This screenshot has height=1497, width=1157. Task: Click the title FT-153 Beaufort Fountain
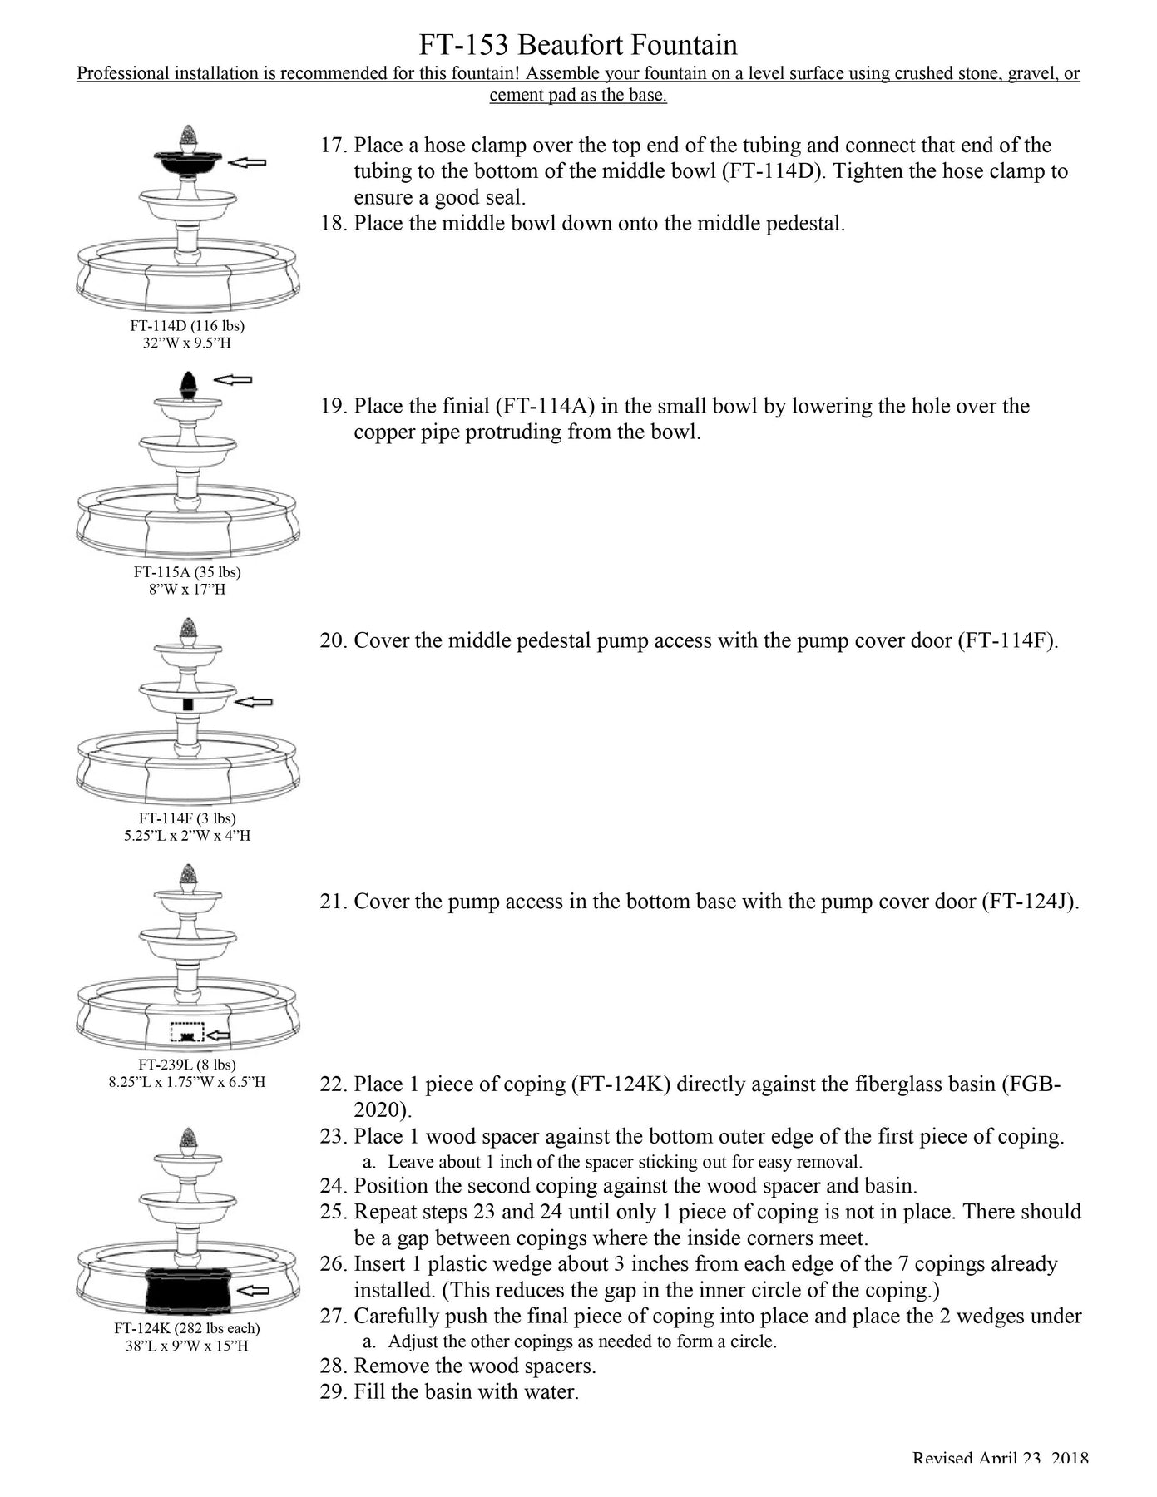[577, 44]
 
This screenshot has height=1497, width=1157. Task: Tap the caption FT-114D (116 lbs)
[187, 325]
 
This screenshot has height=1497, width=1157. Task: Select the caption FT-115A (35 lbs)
[187, 571]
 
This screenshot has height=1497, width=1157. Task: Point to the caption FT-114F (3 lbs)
[187, 818]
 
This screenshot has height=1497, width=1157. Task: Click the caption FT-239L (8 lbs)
[187, 1064]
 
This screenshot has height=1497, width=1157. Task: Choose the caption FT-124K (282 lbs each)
[187, 1328]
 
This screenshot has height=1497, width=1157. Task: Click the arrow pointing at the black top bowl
[247, 162]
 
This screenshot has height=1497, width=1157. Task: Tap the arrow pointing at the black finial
[233, 380]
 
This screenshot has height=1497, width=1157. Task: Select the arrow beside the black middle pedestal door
[254, 703]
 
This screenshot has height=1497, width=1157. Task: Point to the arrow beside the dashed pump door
[219, 1035]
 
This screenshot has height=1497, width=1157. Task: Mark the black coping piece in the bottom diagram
[187, 1289]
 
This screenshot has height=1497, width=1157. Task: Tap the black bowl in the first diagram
[187, 163]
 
